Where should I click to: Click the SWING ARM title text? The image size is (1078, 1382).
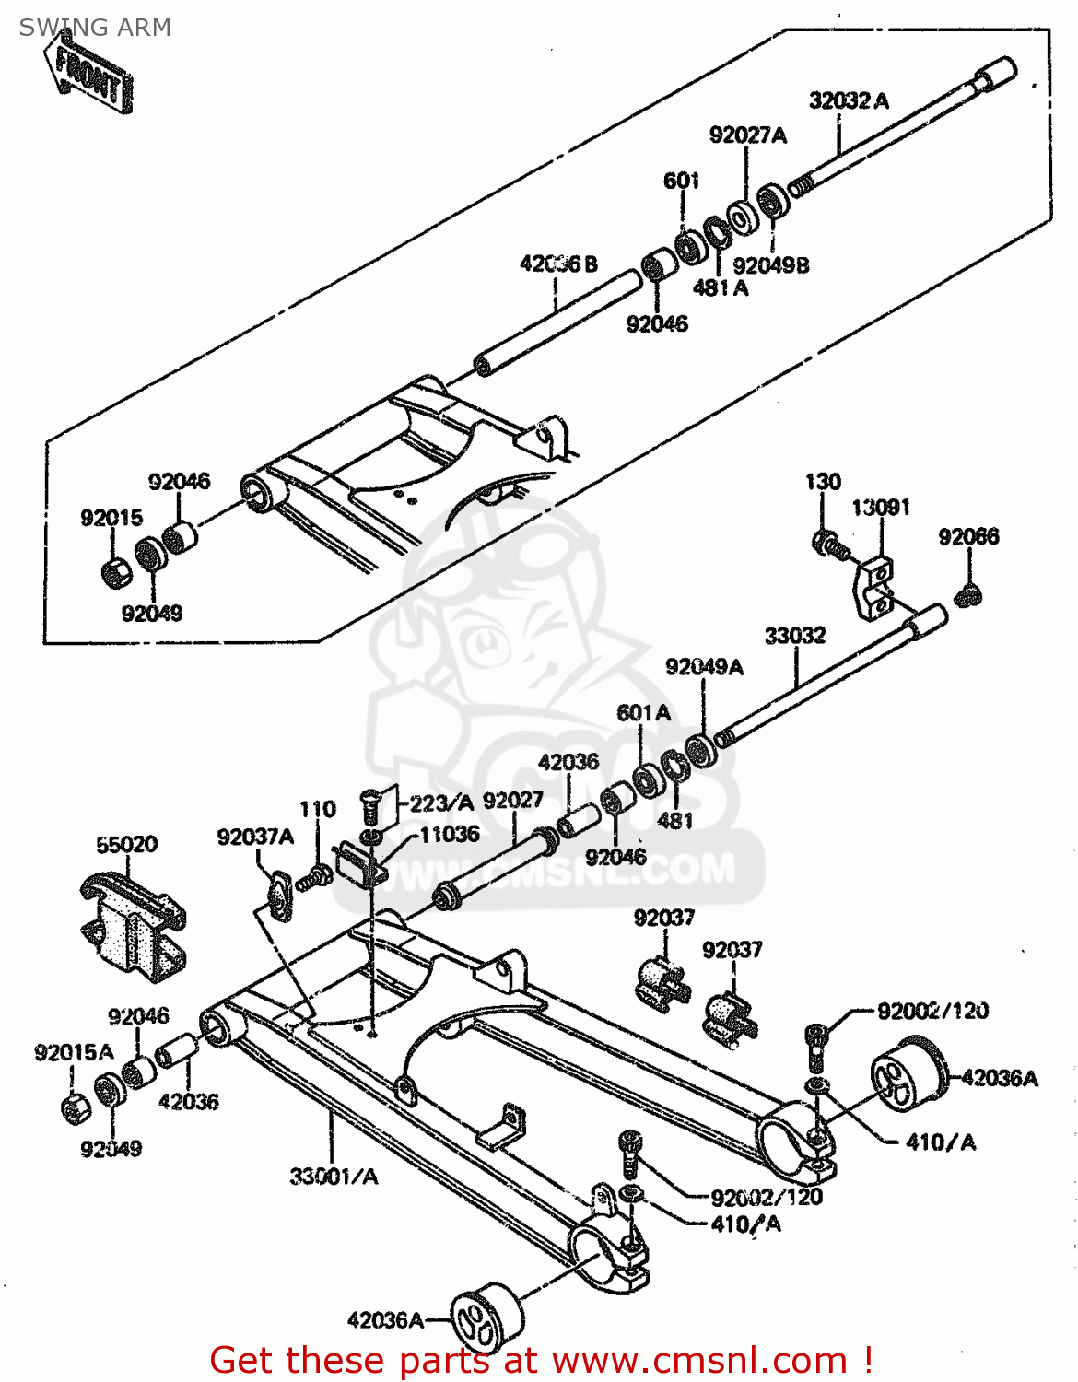click(x=95, y=28)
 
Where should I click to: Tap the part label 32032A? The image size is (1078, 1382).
click(x=849, y=100)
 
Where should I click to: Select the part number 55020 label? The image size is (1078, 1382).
click(x=126, y=844)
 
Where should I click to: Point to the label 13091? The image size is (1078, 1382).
click(x=880, y=507)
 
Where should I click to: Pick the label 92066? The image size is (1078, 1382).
click(x=968, y=536)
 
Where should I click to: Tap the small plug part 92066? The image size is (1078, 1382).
click(x=968, y=595)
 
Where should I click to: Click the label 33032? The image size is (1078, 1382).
click(x=795, y=635)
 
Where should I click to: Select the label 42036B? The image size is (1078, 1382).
click(x=558, y=264)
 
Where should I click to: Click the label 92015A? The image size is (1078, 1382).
click(x=74, y=1052)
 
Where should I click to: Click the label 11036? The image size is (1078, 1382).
click(x=449, y=834)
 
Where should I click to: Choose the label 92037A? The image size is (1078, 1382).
click(x=255, y=837)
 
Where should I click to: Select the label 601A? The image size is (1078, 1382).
click(x=643, y=712)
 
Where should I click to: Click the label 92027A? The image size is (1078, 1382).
click(x=747, y=135)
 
